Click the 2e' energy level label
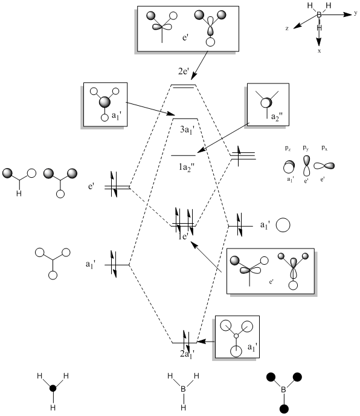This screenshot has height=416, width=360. point(184,71)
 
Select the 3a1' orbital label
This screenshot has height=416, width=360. point(187,130)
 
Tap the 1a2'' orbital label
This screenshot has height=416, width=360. point(187,167)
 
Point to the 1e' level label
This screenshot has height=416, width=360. point(183,236)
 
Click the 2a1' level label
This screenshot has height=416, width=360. point(187,354)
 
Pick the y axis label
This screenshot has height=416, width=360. point(356,13)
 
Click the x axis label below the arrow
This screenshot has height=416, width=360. point(319,51)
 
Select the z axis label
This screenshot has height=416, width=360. point(287,28)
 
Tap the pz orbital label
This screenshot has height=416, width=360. point(288,148)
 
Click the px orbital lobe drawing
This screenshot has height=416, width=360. point(324,166)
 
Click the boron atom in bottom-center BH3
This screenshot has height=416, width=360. point(183,389)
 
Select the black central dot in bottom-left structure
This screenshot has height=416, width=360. point(53,388)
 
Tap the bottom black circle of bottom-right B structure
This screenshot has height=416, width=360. point(284,409)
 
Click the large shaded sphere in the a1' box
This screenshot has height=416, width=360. point(104,102)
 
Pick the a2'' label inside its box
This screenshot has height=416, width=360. point(277,117)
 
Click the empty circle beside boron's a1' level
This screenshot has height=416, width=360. point(283,226)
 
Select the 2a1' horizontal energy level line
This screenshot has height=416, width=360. point(184,343)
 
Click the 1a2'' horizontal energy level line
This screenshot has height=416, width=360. point(184,155)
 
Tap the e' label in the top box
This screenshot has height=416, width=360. point(185,37)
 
